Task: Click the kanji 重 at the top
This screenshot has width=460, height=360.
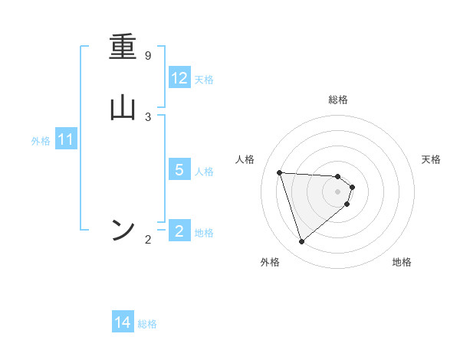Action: pos(123,49)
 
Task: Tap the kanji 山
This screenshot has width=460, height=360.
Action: pos(123,108)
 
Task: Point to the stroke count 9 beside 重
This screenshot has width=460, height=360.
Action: pos(148,56)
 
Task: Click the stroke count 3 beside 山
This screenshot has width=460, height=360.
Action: pos(148,116)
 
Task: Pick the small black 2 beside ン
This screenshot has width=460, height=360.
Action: pos(148,240)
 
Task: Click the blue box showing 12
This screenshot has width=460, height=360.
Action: pos(179,78)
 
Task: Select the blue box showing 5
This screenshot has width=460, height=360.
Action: pos(179,170)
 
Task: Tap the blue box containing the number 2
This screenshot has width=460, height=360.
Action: pos(179,231)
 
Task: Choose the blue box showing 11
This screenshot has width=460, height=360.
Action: pos(66,140)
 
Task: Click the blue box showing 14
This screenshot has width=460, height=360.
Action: pos(123,323)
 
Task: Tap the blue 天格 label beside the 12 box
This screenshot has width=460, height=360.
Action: pos(204,80)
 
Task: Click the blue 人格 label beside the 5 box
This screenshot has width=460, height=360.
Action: pos(204,172)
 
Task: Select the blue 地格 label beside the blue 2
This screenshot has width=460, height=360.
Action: pos(204,233)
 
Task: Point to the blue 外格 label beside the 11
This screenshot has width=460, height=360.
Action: pos(41,141)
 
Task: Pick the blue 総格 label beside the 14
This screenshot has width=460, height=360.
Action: pos(147,324)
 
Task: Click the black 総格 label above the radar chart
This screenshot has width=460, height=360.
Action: pos(338,100)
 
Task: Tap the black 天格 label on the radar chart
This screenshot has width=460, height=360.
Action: pos(432,159)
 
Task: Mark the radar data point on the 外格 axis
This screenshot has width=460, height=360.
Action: pos(301,242)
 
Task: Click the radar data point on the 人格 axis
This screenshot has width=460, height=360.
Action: pos(279,172)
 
